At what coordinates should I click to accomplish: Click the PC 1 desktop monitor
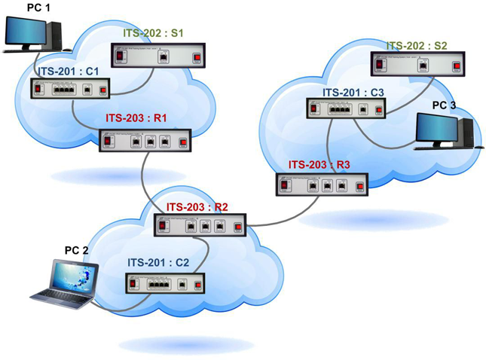(x=26, y=31)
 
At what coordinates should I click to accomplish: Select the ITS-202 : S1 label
(x=154, y=34)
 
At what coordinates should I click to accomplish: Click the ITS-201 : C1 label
(x=69, y=72)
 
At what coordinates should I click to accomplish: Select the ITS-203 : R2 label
(x=197, y=206)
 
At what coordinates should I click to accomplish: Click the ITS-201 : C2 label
(x=157, y=263)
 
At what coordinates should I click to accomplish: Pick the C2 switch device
(x=164, y=283)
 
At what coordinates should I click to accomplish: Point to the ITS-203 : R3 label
(x=319, y=164)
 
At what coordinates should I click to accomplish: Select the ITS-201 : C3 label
(x=353, y=93)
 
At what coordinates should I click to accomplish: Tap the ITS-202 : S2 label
(x=417, y=45)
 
